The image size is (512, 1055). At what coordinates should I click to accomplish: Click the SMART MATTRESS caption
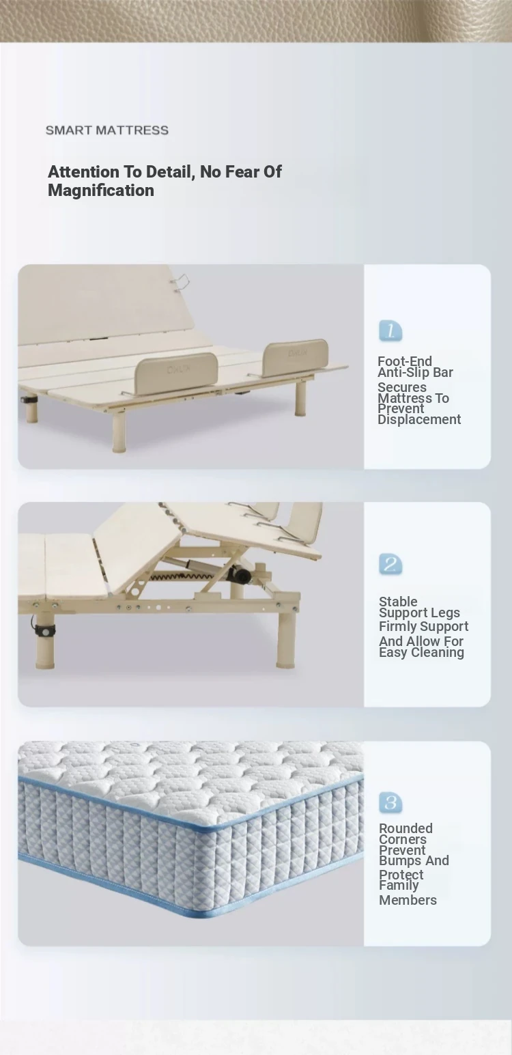107,130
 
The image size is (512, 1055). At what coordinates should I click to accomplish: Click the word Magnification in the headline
101,191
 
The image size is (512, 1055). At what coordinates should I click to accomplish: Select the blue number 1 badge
390,331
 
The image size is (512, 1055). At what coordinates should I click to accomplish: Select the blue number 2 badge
390,564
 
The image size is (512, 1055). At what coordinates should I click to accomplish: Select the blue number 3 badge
390,802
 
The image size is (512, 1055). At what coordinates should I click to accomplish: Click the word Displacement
419,419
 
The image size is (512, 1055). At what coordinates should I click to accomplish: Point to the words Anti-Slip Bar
416,372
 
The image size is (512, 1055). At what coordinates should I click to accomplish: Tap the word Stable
398,602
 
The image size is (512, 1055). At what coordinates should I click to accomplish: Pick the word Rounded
406,828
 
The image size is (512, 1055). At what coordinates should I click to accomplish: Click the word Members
408,900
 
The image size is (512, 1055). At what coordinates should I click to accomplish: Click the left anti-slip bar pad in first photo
176,371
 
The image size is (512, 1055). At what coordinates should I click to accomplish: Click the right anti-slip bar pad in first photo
296,358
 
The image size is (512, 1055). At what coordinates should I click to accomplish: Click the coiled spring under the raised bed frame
188,576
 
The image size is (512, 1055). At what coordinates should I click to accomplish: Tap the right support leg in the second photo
286,638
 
